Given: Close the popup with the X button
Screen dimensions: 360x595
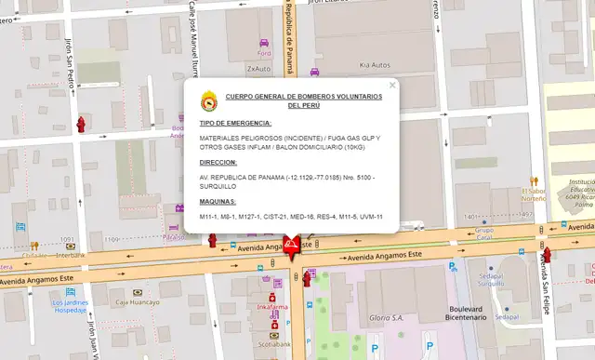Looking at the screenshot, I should coord(392,85).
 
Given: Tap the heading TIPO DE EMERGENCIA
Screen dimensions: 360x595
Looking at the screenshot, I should coord(235,123).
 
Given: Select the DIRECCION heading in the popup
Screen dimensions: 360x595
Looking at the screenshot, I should coord(218,161).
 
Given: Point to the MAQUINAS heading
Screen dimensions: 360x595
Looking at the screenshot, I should coord(218,201).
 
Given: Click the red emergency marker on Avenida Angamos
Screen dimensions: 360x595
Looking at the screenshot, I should coord(292,247).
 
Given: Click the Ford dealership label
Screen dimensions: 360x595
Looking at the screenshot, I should coord(264,54).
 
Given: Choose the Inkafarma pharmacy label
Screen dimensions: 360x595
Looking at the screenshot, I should coord(272,306).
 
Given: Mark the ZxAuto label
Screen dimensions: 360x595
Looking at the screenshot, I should coord(258,68).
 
